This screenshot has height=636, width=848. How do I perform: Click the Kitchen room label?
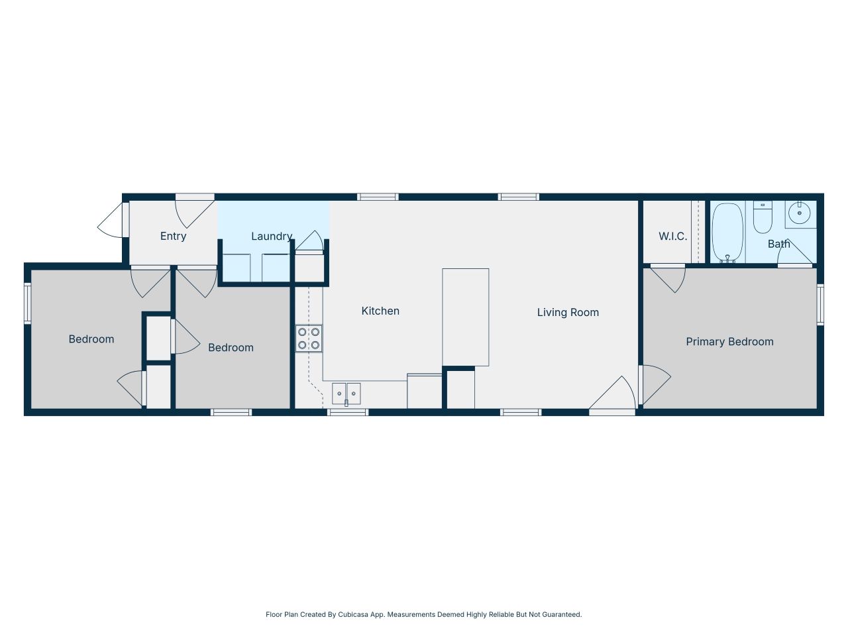pos(380,311)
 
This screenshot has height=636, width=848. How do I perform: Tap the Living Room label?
pos(568,312)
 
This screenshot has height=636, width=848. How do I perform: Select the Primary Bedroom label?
pos(729,342)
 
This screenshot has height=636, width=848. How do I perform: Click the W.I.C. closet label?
pos(672,237)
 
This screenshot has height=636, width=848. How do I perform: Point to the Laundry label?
pos(272,237)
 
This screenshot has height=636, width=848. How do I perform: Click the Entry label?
pos(173,237)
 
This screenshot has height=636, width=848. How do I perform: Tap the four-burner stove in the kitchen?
pos(309,339)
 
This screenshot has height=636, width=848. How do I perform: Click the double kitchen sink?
pos(346,394)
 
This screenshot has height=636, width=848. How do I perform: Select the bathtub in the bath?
pos(727,233)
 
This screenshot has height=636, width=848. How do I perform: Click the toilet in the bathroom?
pos(763,218)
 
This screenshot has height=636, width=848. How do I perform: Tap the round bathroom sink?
pos(800,213)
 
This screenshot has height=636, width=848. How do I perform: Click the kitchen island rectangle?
pos(466,317)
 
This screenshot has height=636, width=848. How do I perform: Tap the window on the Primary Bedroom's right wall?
pos(820,304)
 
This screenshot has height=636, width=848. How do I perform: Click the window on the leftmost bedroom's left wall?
pos(28,303)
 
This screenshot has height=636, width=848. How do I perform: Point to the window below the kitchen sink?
pos(348,412)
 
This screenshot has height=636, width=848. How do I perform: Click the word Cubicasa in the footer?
pos(353,615)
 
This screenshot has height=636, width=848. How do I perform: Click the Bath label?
pos(778,244)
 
